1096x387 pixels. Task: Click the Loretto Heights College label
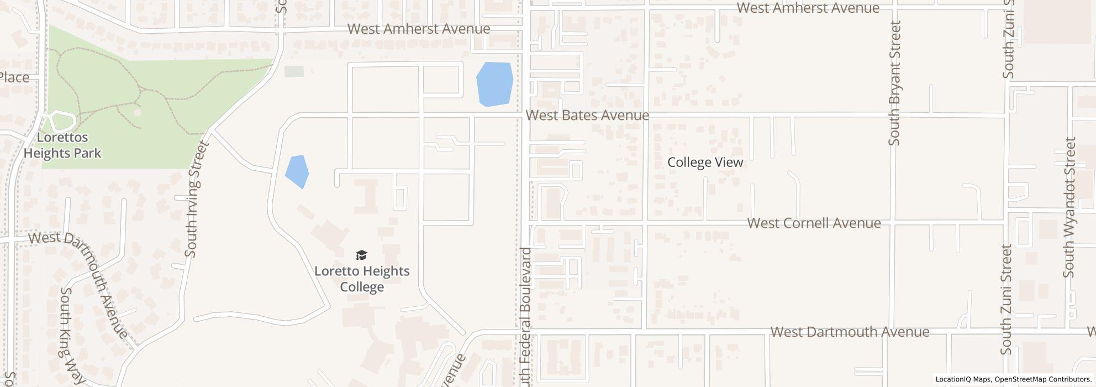coord(362,279)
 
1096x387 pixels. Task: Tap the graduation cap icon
coord(361,255)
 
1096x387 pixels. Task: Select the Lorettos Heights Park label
coord(63,145)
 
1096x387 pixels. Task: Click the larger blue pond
coord(494,83)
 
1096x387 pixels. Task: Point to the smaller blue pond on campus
coord(297,171)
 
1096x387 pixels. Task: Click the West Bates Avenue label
coord(587,115)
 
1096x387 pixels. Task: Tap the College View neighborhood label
coord(705,162)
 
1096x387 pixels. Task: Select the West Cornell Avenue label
coord(814,223)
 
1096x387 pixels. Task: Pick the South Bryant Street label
coord(894,83)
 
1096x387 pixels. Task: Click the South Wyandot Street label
coord(1069,207)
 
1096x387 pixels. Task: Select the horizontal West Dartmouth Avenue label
coord(850,332)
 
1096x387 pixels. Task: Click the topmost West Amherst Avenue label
coord(808,8)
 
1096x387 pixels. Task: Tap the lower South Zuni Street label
coord(1006,299)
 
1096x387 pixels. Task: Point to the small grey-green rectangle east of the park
coord(294,71)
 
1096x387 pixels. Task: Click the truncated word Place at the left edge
coord(14,77)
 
